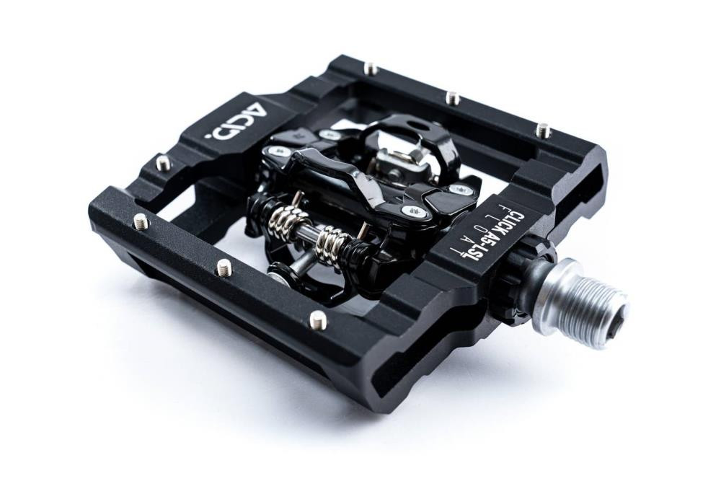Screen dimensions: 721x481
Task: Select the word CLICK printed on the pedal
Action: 513,220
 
